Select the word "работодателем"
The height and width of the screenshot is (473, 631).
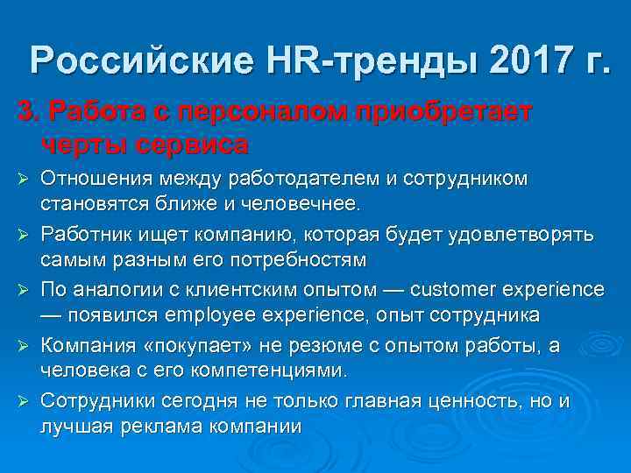[303, 179]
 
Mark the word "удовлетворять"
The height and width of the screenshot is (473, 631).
[521, 235]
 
